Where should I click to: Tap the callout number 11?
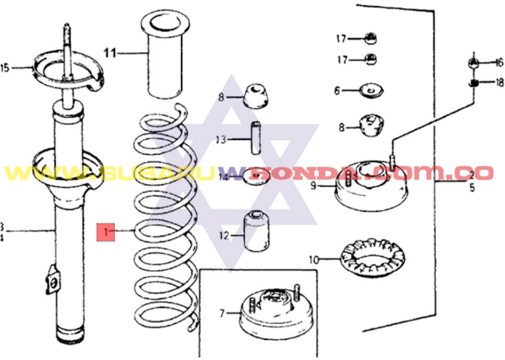coord(110,53)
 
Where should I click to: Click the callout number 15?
coord(5,68)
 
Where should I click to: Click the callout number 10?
coord(314,260)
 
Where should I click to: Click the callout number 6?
coord(337,91)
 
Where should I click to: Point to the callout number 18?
coord(500,82)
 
